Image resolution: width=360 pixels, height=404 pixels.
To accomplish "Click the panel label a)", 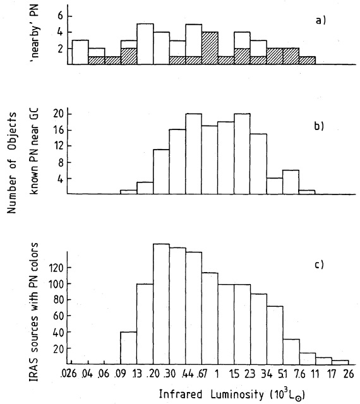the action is [321, 20].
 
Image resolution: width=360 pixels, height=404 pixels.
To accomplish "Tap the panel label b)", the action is [319, 126].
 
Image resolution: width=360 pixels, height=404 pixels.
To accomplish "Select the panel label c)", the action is [319, 264].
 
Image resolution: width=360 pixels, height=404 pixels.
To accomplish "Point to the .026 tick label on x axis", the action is [69, 373].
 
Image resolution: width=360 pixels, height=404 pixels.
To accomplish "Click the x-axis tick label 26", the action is [349, 373].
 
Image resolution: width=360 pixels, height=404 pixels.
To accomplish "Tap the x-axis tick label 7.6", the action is [299, 373].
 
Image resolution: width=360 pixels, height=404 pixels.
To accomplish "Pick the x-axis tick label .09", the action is [120, 373].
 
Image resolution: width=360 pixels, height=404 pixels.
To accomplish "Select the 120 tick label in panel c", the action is [56, 268].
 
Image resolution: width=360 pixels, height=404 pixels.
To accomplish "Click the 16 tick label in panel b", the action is [59, 130].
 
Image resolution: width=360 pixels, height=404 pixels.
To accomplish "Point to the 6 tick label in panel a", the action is [61, 16].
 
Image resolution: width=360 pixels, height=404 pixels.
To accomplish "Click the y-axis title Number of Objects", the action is [12, 163].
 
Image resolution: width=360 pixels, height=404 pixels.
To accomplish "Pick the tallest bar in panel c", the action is [161, 304].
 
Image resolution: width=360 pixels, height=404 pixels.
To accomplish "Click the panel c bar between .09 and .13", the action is [129, 348].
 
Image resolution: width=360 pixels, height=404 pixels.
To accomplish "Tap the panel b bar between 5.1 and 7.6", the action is [291, 182].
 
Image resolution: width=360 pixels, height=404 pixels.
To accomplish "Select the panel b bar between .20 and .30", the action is [161, 172].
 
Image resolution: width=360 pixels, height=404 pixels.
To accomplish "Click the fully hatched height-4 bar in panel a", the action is [210, 48].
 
